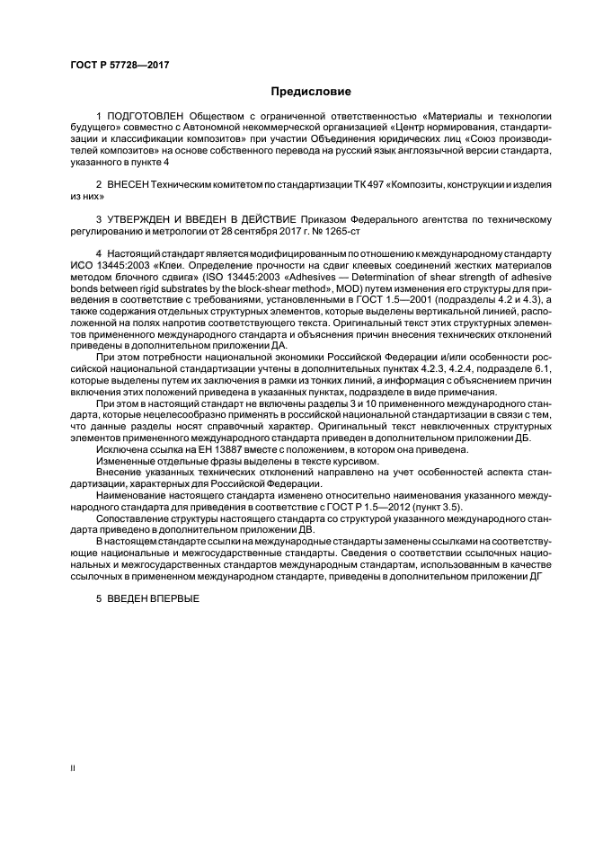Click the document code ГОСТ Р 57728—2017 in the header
[120, 66]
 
